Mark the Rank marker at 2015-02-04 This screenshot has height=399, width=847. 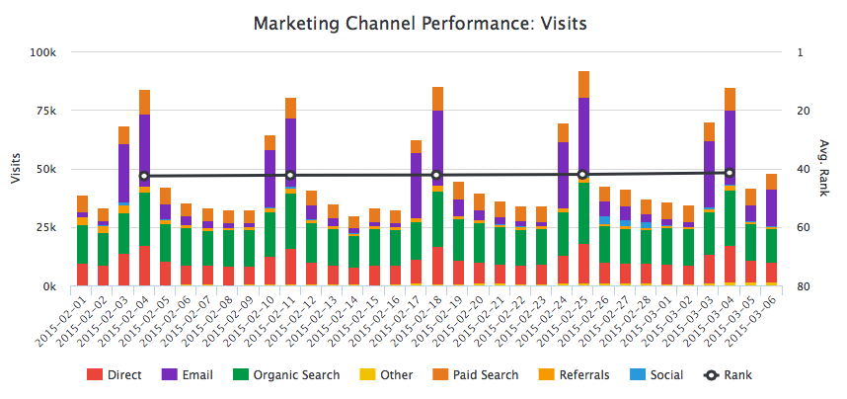[145, 176]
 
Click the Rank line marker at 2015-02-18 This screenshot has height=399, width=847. [437, 175]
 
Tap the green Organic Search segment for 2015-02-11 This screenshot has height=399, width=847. [291, 220]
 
